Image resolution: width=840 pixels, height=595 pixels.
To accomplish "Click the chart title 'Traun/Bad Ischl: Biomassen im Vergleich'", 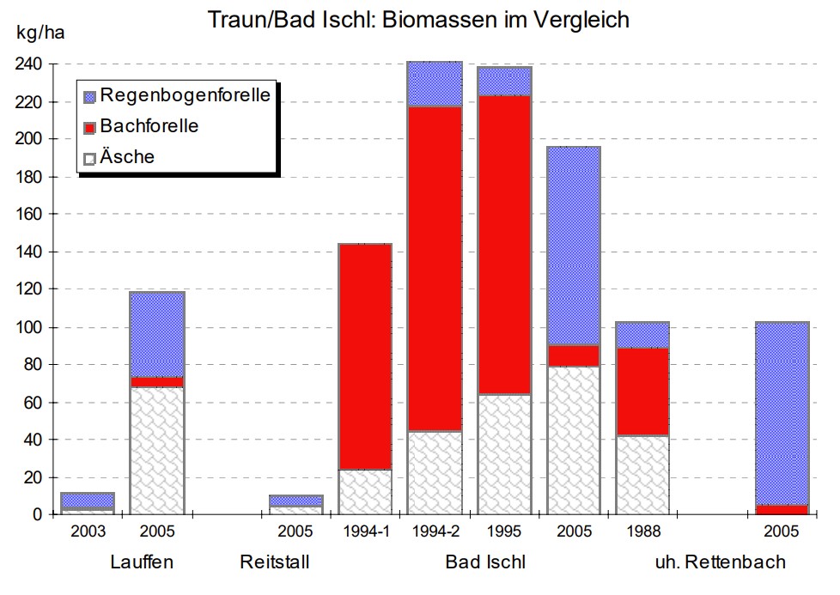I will [419, 19].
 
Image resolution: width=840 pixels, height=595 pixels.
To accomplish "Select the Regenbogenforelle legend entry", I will [185, 94].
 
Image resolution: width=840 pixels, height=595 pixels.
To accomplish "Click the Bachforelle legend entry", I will [149, 126].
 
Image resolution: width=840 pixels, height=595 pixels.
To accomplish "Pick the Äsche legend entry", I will [127, 156].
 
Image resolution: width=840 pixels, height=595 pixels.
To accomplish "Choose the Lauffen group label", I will [142, 563].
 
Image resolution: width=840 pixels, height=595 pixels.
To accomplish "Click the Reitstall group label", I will [274, 563].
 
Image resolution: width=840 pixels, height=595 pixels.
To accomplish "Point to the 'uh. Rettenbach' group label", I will [720, 563].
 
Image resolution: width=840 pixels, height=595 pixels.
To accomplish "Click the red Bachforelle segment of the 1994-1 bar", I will [365, 356].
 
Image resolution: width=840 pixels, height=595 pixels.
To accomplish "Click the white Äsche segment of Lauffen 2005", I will [157, 451].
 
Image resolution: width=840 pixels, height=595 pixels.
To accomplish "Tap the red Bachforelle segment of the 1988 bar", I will [642, 392].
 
